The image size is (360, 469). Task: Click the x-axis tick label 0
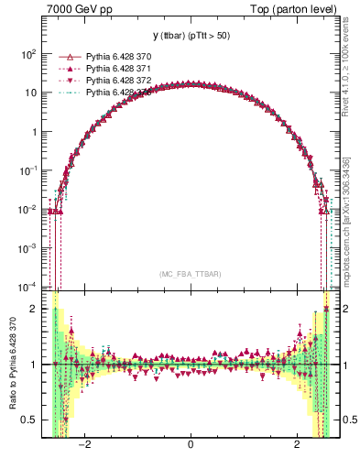pyautogui.click(x=190, y=443)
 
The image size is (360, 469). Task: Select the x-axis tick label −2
pyautogui.click(x=84, y=443)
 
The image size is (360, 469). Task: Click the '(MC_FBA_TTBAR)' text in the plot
pyautogui.click(x=191, y=274)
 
